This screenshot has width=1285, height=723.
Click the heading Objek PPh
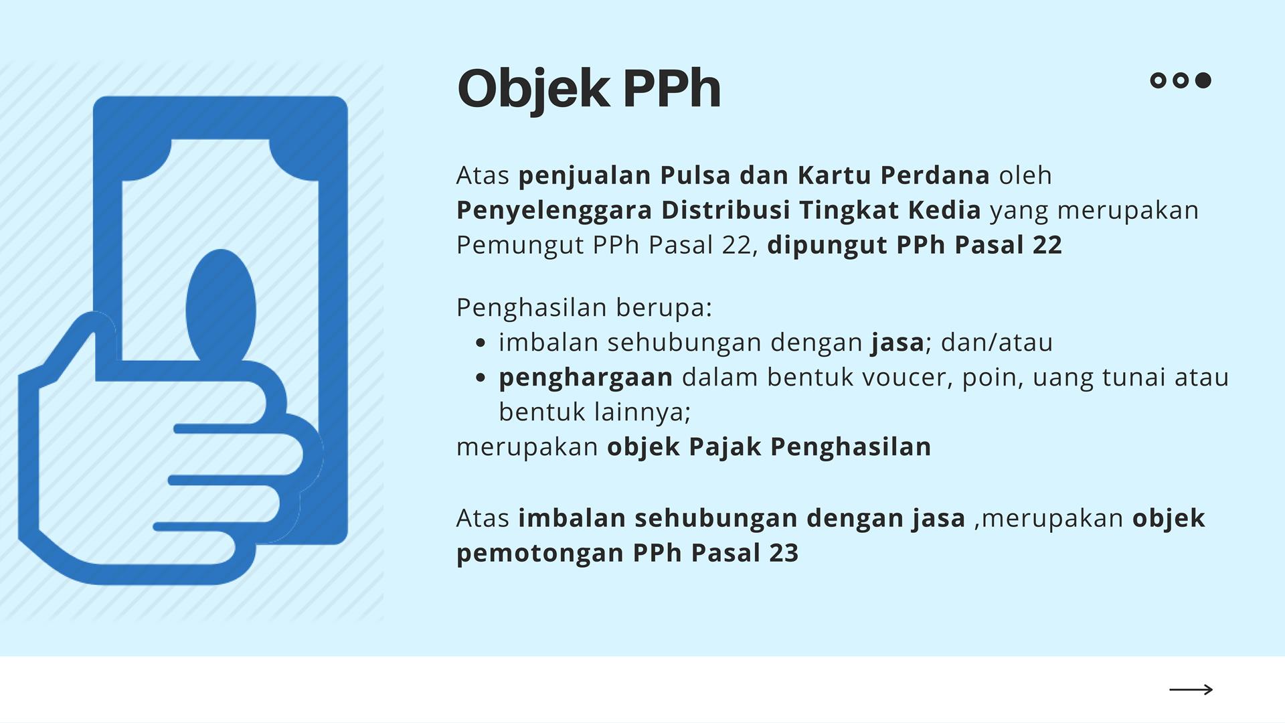589,89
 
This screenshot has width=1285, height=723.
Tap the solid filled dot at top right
1203,80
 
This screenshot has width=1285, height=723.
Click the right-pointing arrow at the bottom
1191,690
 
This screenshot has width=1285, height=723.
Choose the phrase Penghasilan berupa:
584,308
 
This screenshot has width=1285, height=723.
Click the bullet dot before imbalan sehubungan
480,343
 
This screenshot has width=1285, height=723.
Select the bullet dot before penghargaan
480,378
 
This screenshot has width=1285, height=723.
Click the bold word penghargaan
586,378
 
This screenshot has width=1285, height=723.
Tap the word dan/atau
997,343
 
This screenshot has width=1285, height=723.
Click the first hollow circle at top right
1158,80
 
